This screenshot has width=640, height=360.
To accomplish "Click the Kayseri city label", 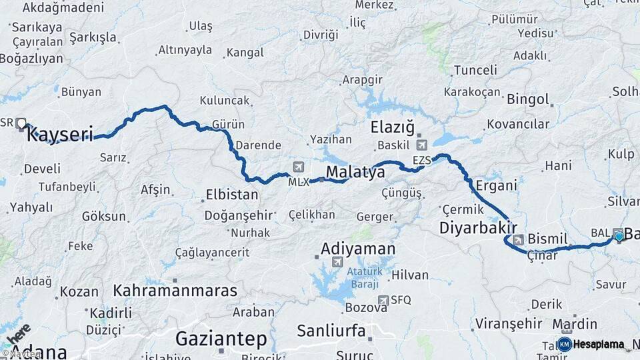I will point(59,135).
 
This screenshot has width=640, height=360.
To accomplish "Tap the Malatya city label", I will point(355,173).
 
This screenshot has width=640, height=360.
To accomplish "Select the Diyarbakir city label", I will point(479,229).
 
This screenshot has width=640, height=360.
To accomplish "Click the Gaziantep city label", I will point(221,339).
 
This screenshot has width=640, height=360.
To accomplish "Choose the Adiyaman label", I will point(358,249).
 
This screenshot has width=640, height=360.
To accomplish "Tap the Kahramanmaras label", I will point(175,291).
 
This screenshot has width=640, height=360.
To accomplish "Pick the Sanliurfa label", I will point(331,330).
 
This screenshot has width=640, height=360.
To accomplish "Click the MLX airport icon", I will point(297,167).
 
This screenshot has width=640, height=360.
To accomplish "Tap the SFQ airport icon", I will point(383,300).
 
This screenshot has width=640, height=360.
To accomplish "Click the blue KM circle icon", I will point(564,345).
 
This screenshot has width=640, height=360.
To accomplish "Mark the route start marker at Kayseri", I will point(21,123).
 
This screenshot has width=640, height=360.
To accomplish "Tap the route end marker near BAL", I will point(619,235).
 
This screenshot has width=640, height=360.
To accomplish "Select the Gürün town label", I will point(228,125).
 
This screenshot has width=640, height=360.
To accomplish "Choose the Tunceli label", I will point(475,70).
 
